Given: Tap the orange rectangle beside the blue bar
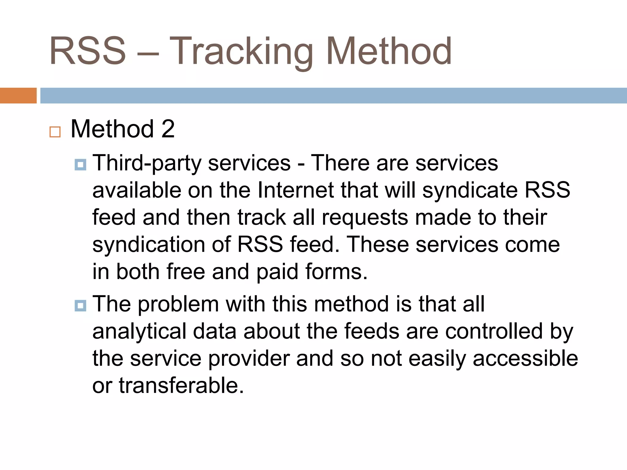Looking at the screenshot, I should tap(18, 95).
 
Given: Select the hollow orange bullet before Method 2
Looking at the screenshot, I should tap(55, 132).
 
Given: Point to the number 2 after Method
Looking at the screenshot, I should tap(168, 129).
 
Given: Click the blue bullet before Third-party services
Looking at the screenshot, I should tap(80, 165).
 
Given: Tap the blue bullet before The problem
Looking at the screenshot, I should tap(80, 306).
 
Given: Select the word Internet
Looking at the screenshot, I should tap(295, 190).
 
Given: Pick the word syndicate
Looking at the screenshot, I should tap(470, 190).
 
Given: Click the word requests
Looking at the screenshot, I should tap(365, 217).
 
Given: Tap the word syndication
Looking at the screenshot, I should tap(148, 244).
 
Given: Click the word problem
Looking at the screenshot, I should tap(178, 304).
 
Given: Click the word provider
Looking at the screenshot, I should tap(249, 358).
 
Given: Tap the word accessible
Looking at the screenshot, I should tap(525, 358).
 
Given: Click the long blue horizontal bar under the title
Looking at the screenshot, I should tap(333, 95).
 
